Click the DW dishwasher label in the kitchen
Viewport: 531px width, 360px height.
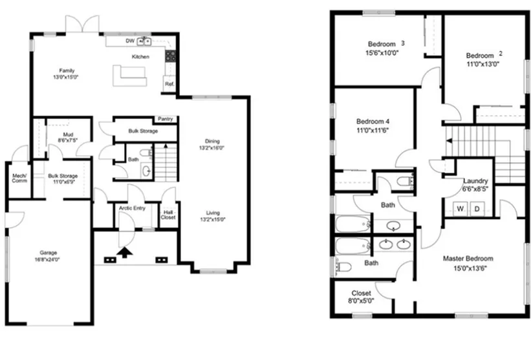(130, 41)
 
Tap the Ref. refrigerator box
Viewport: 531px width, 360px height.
(169, 84)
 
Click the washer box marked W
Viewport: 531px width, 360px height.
(462, 208)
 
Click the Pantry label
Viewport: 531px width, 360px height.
(166, 119)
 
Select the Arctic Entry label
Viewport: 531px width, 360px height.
(132, 208)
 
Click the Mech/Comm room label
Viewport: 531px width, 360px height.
(19, 178)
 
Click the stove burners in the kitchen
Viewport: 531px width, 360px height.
(171, 56)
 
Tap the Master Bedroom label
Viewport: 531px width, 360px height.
(468, 259)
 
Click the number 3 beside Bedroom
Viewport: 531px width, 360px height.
(402, 43)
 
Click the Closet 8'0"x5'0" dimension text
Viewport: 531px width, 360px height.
(361, 301)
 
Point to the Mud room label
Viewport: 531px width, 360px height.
(67, 117)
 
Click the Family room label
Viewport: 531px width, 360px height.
(67, 70)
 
